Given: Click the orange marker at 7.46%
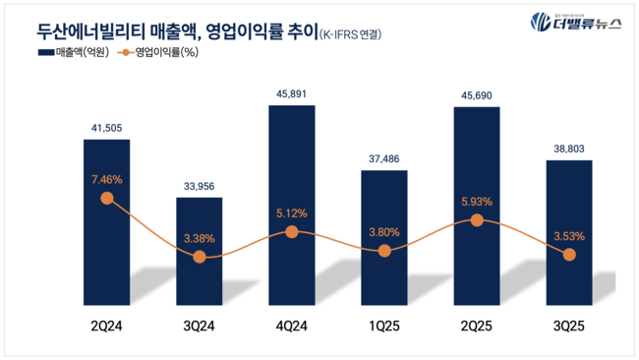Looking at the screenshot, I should [106, 198].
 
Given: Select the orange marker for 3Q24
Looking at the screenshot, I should [199, 256].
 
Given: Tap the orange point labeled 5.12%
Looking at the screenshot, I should [291, 231].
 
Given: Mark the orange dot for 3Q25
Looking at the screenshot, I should [568, 254].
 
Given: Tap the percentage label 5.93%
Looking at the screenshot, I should [476, 202].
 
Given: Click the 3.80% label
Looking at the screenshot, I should [383, 232].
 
